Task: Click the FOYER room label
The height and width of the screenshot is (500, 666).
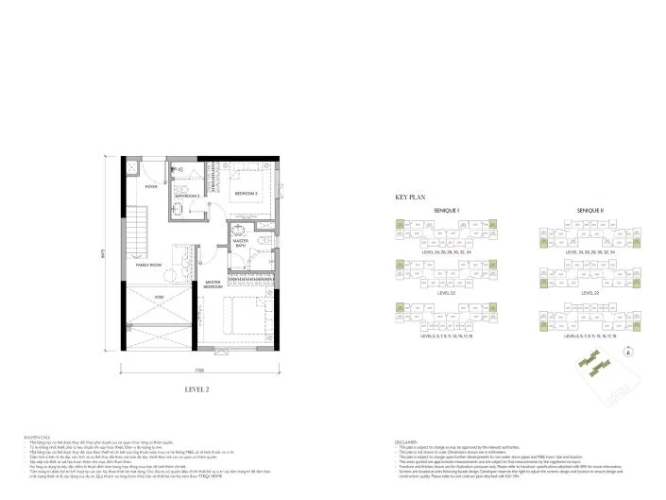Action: click(150, 187)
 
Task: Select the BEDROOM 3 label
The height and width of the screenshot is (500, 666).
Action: click(247, 193)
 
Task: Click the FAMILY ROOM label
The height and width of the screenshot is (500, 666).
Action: click(149, 265)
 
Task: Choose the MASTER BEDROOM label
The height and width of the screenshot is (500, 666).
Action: click(213, 284)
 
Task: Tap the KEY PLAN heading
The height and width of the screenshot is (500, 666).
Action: click(411, 198)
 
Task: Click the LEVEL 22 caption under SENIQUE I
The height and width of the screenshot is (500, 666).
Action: click(445, 293)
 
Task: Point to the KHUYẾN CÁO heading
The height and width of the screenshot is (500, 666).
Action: click(39, 437)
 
